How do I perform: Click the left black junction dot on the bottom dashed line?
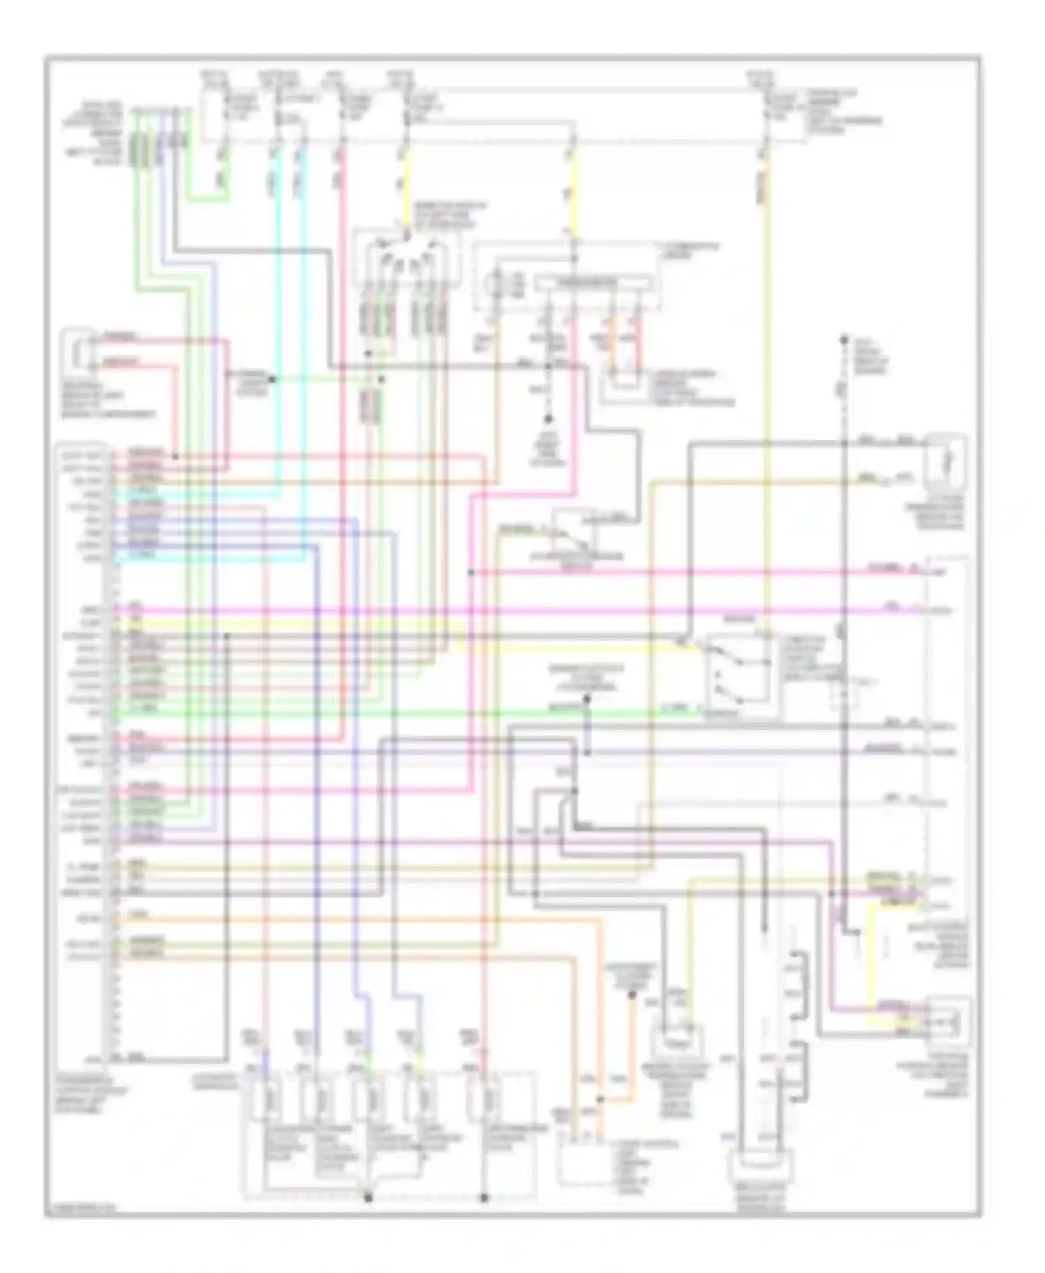369,1198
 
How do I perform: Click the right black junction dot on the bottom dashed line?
484,1198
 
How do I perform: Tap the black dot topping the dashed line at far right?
843,341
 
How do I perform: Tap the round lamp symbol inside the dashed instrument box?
497,286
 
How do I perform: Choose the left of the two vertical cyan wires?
277,313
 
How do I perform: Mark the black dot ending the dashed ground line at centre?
548,419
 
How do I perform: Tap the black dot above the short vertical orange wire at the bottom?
632,995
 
